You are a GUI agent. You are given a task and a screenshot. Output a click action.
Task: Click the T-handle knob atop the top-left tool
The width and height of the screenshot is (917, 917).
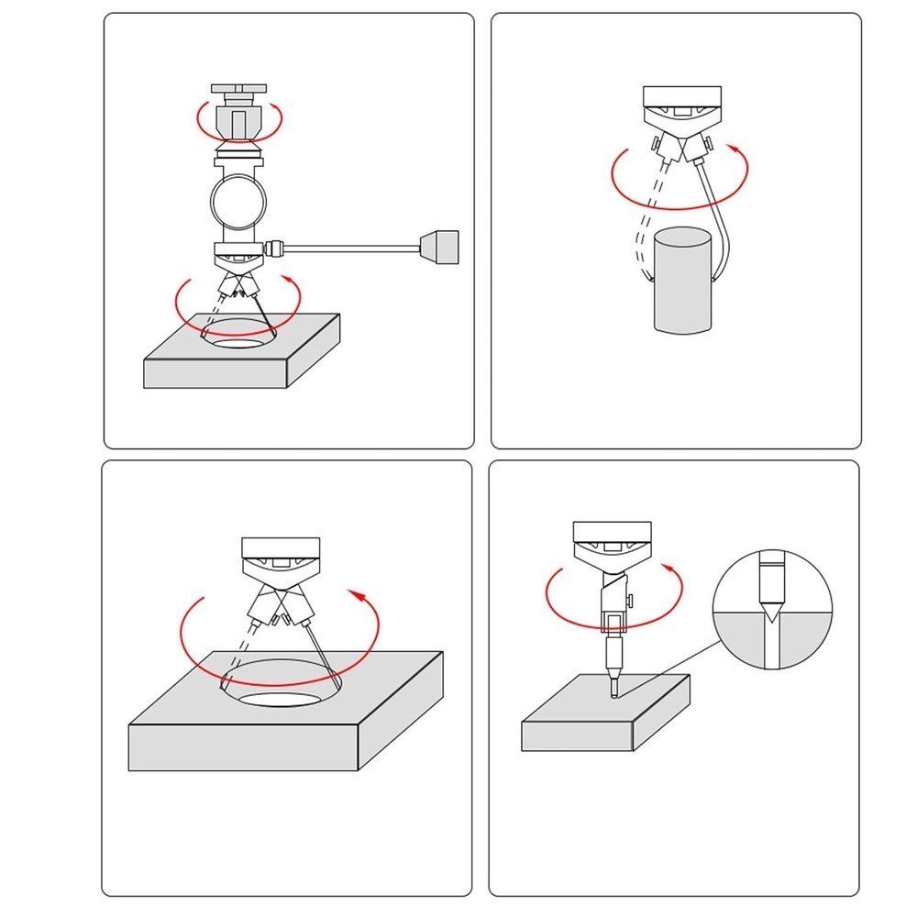click(x=239, y=89)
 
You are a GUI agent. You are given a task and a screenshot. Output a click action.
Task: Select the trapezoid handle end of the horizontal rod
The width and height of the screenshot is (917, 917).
click(x=437, y=248)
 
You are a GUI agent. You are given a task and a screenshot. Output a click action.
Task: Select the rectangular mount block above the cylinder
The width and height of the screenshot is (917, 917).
click(x=682, y=96)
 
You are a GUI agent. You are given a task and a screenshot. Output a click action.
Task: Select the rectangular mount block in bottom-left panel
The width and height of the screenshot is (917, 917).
click(x=281, y=547)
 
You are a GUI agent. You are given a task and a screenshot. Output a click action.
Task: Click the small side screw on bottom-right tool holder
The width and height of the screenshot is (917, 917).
click(x=633, y=601)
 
